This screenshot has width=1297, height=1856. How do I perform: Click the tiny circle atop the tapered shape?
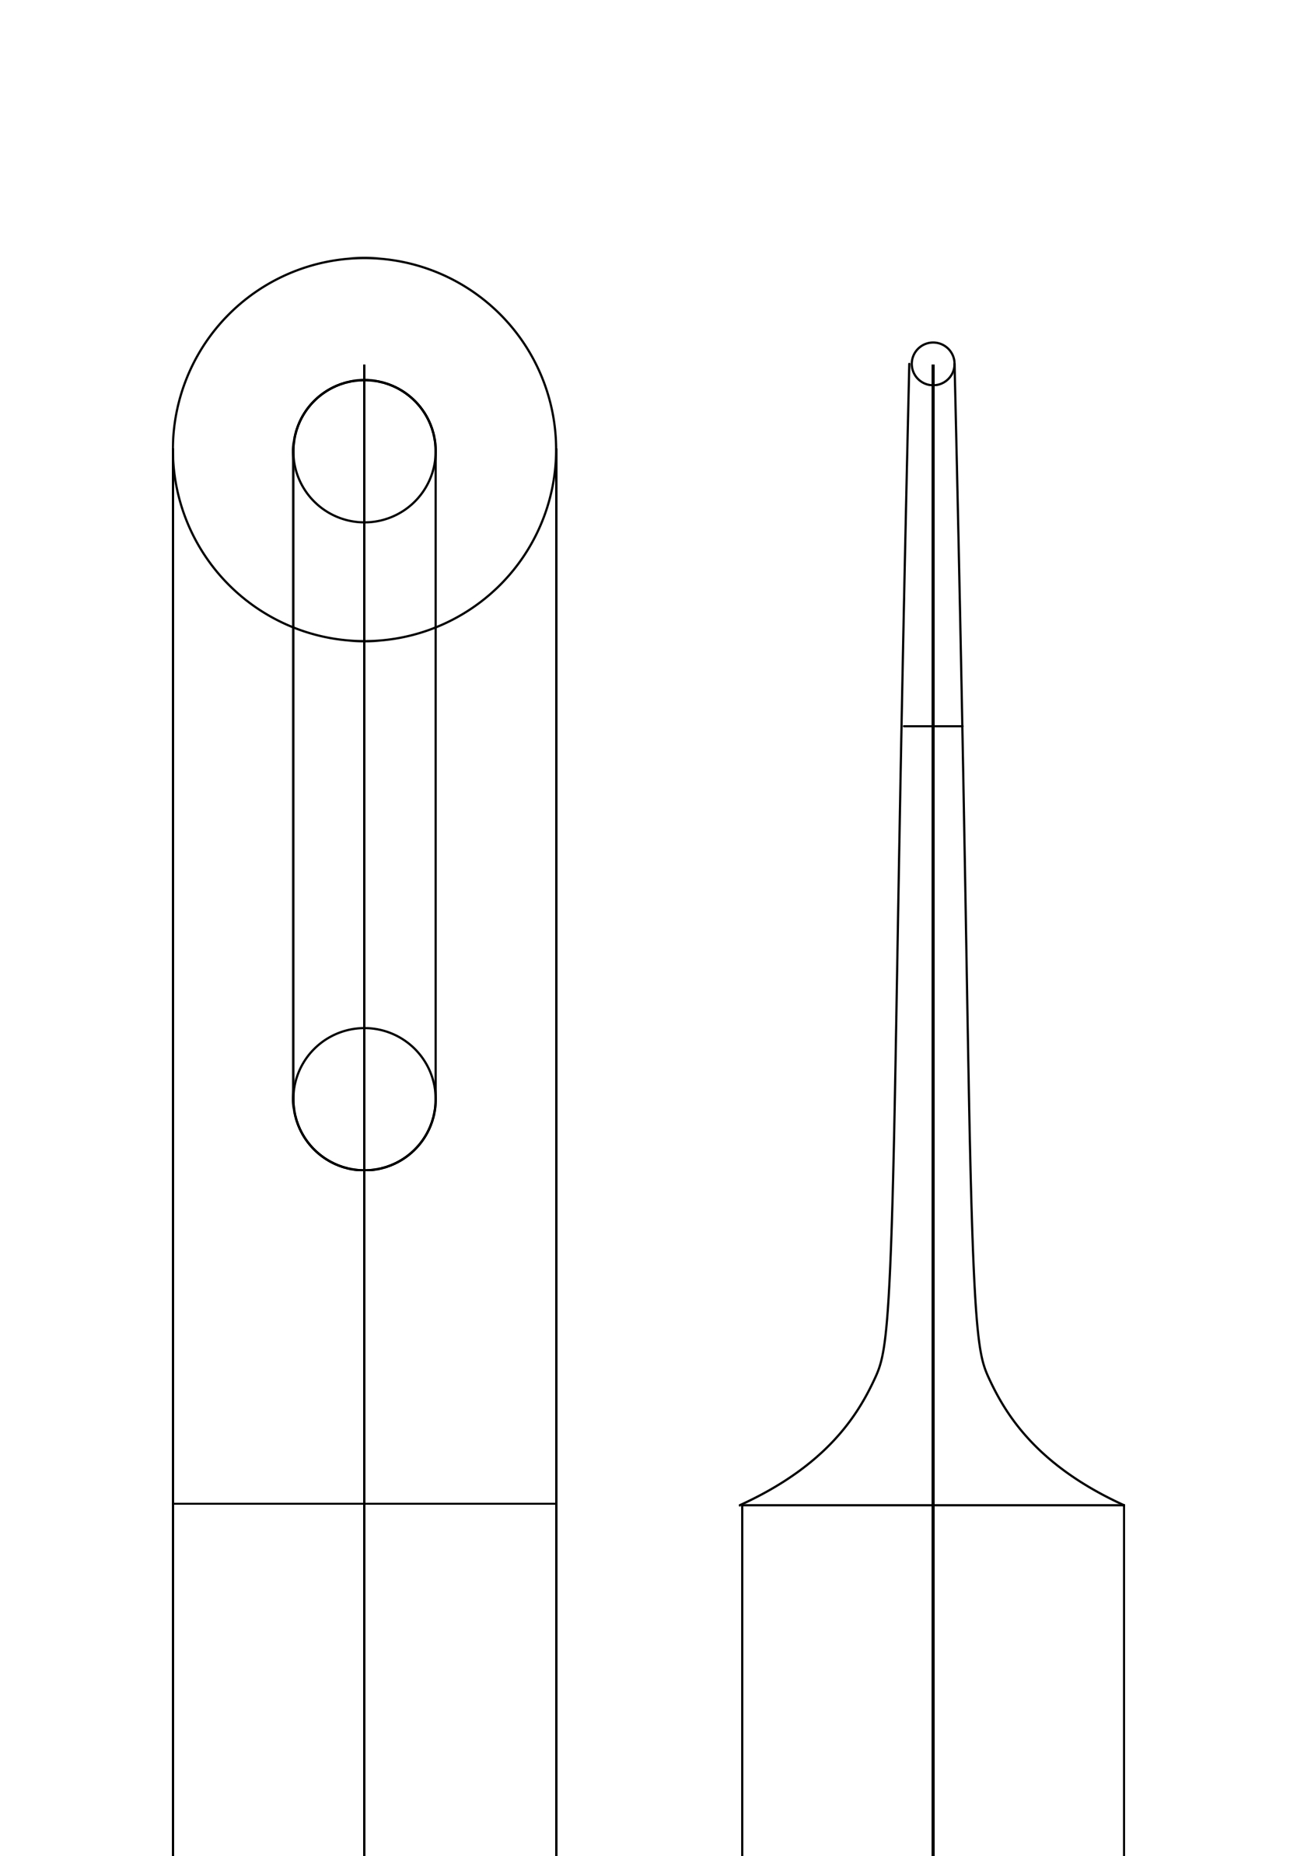point(932,364)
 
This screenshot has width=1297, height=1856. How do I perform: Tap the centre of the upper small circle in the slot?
point(364,451)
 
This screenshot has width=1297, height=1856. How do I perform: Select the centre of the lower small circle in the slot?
point(364,1098)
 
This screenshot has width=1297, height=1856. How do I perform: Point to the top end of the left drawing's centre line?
point(364,365)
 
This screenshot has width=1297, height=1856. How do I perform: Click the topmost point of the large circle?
point(364,258)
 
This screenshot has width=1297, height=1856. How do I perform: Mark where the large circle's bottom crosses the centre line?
point(364,641)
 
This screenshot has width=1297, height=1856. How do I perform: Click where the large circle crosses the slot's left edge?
point(293,627)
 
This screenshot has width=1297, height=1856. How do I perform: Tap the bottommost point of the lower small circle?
point(364,1170)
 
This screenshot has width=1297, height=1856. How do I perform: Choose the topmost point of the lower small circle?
point(364,1028)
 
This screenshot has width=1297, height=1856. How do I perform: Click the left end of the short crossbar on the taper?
point(904,726)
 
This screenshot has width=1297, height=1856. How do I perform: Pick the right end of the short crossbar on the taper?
point(961,726)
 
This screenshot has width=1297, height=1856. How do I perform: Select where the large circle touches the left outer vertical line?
point(173,449)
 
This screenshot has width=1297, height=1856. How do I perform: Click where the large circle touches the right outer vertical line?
point(555,449)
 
